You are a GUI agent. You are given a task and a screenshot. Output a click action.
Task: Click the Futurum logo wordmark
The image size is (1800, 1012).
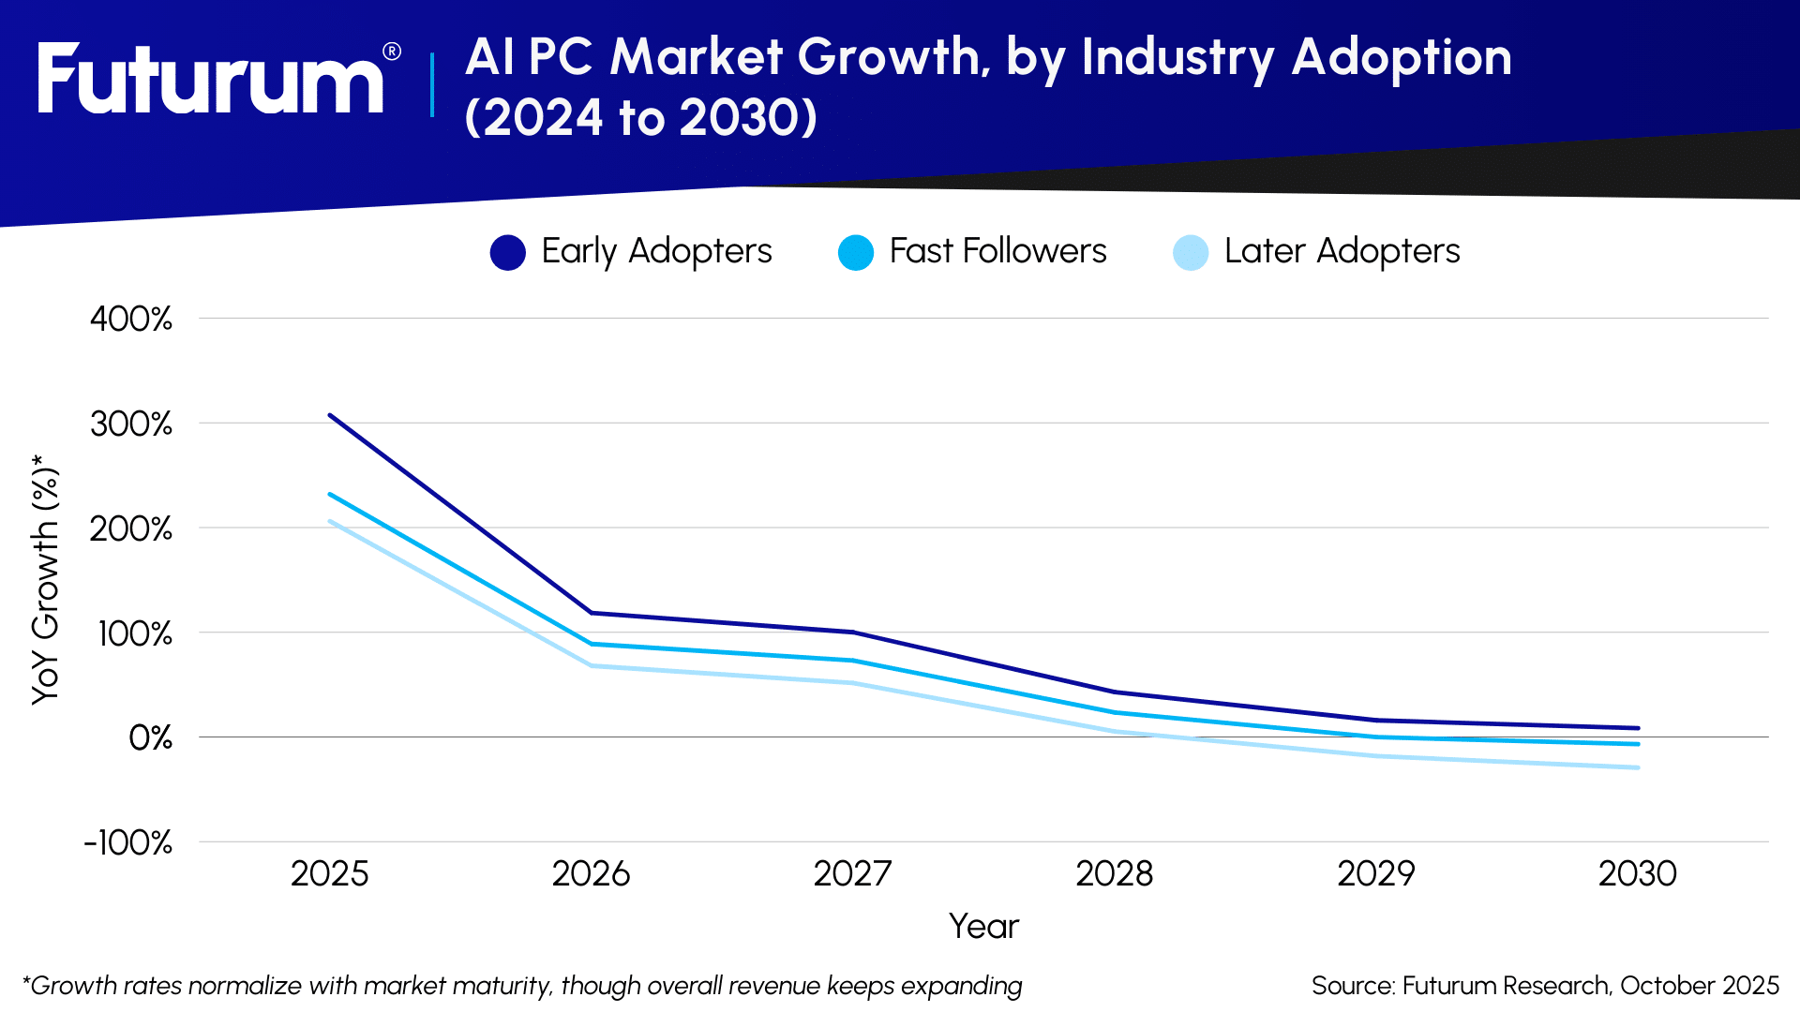pos(211,81)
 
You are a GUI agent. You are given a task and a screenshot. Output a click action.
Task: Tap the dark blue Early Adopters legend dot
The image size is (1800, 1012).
pos(507,252)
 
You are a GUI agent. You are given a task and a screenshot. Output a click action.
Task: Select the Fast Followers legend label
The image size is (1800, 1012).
pos(997,251)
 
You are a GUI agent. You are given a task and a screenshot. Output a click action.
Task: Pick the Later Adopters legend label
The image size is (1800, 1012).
pos(1342,251)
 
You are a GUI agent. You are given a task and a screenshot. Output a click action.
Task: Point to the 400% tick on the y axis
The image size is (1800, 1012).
pos(131,319)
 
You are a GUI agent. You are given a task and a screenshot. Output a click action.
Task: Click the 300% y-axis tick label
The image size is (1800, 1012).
pos(131,424)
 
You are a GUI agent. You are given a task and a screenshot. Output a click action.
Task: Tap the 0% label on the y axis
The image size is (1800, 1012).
pos(150,738)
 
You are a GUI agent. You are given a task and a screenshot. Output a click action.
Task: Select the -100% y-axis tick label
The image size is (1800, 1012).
pos(128,842)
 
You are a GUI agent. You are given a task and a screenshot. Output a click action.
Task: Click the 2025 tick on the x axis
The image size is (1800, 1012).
pos(329,874)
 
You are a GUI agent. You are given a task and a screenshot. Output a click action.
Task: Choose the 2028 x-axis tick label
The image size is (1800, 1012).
pos(1114,874)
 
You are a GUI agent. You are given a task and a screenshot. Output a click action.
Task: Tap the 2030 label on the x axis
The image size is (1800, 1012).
pos(1637,874)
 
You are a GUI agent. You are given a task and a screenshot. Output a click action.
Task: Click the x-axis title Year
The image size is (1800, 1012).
pos(983,926)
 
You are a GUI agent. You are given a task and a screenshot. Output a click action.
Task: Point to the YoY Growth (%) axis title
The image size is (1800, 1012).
pos(45,579)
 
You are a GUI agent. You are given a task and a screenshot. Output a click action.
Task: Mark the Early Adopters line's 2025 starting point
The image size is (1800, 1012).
pos(330,415)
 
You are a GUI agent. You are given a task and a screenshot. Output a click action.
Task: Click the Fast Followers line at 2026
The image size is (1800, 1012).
pos(592,644)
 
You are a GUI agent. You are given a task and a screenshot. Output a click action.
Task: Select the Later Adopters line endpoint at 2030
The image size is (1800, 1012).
pos(1637,767)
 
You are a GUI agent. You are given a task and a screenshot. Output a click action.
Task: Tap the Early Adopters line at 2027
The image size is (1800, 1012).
pos(853,632)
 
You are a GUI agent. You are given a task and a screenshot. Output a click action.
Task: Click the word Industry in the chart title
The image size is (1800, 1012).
pos(1177,57)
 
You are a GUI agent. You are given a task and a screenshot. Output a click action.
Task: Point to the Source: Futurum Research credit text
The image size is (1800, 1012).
pos(1545,986)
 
